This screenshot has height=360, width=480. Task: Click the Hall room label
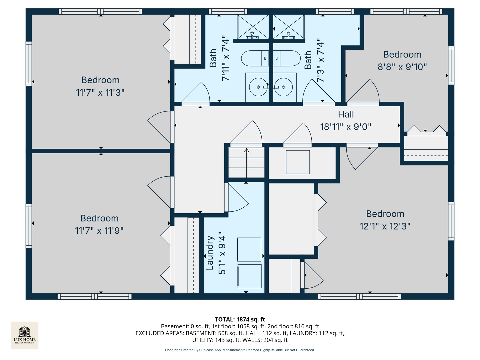[x=346, y=114]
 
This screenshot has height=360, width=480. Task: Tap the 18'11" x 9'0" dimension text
[x=346, y=127]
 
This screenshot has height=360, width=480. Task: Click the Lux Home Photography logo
[x=25, y=335]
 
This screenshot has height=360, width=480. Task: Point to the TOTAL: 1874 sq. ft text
[x=240, y=319]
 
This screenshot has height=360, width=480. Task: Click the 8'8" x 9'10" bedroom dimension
[x=402, y=67]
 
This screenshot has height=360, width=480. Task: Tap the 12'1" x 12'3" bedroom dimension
[x=385, y=226]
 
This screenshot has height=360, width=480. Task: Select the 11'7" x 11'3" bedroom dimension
[x=100, y=92]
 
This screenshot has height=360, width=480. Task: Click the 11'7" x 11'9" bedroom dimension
[x=99, y=231]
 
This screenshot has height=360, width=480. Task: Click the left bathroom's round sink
[x=258, y=87]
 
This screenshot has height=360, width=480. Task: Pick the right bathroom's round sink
[x=284, y=87]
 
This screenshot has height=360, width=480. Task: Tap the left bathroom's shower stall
[x=253, y=27]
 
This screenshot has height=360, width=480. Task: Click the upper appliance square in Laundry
[x=249, y=249]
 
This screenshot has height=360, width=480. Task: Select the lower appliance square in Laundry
[x=249, y=276]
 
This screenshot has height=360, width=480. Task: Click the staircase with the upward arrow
[x=246, y=163]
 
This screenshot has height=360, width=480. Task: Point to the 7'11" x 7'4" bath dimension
[x=225, y=58]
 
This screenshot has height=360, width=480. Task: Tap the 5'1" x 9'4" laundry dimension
[x=222, y=253]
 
